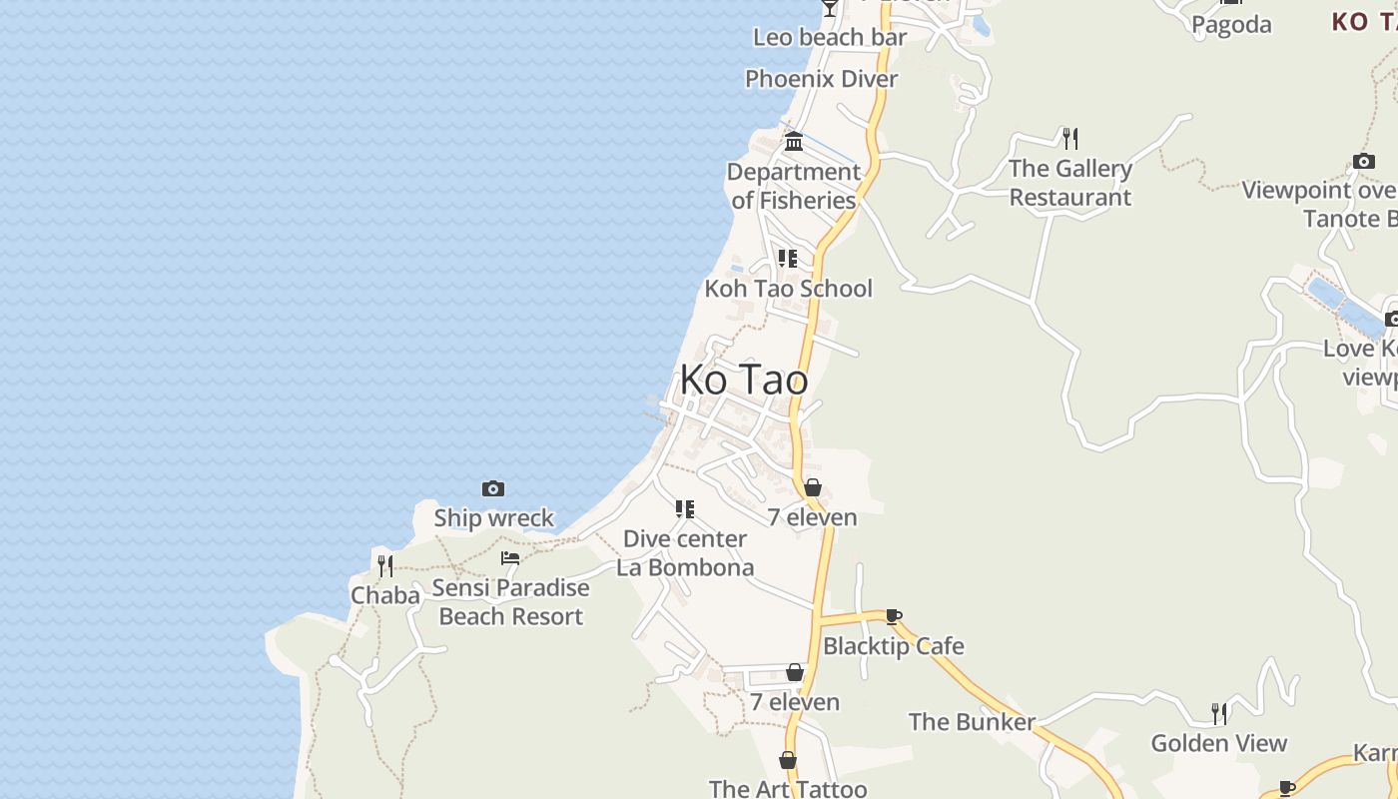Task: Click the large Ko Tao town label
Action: pos(744,380)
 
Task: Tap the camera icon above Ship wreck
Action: pos(493,488)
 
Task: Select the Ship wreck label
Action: pos(493,517)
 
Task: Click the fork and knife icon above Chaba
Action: pos(385,566)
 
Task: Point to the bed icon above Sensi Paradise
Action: pos(510,557)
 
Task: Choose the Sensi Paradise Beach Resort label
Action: pos(510,602)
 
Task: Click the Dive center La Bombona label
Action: pos(685,553)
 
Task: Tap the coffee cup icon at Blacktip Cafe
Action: pos(894,617)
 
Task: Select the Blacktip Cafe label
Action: pos(894,646)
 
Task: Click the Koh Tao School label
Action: pos(789,289)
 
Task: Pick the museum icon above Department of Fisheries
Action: pos(794,141)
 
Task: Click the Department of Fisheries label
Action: pos(794,186)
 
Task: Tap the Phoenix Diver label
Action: pos(822,78)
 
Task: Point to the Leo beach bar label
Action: pos(830,38)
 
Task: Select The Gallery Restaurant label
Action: pos(1070,183)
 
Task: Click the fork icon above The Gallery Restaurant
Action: pos(1070,138)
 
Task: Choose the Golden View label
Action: pos(1219,743)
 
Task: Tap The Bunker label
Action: pos(972,721)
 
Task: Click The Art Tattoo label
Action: pos(788,789)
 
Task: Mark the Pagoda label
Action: pos(1232,25)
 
